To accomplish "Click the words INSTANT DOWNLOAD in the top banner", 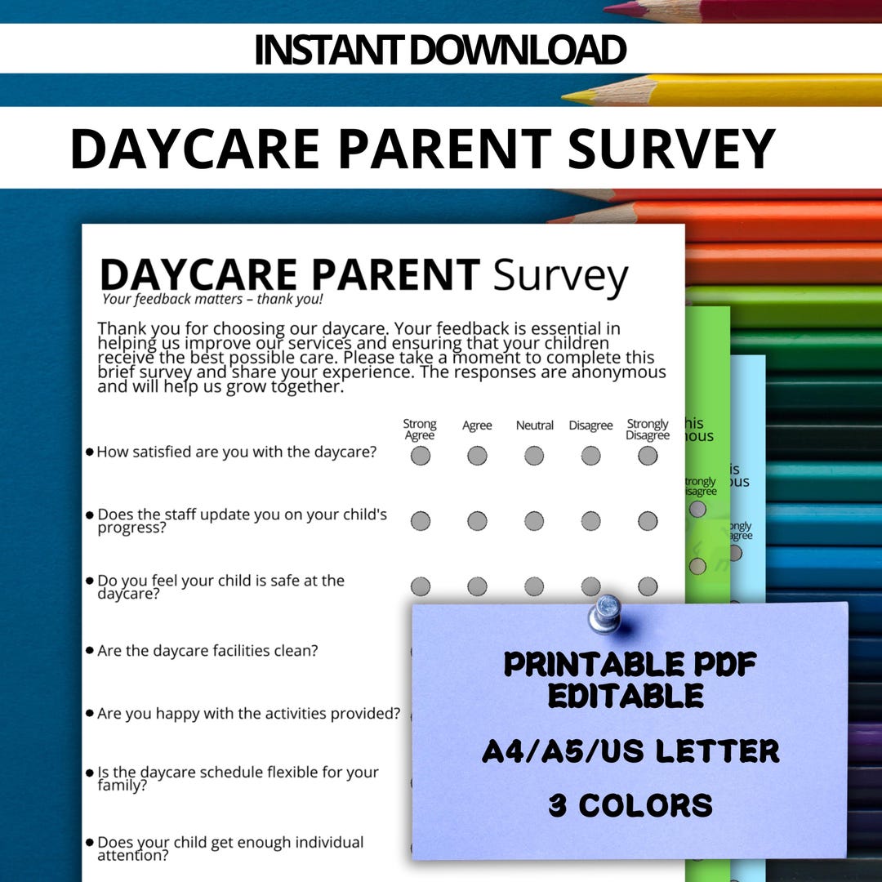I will pyautogui.click(x=440, y=50).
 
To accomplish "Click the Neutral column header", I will pyautogui.click(x=534, y=425).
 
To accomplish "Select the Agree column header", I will pyautogui.click(x=477, y=425).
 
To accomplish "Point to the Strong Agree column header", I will pyautogui.click(x=420, y=429).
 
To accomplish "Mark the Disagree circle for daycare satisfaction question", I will pyautogui.click(x=590, y=456).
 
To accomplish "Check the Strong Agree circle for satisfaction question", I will pyautogui.click(x=420, y=456).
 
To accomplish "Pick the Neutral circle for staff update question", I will pyautogui.click(x=534, y=521).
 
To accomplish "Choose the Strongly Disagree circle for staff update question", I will pyautogui.click(x=648, y=521).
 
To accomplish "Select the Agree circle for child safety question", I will pyautogui.click(x=477, y=586).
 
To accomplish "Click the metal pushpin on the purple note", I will pyautogui.click(x=605, y=612).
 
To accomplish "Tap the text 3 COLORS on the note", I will pyautogui.click(x=630, y=806).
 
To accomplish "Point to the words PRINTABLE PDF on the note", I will pyautogui.click(x=630, y=665).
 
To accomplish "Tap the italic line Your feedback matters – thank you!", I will pyautogui.click(x=212, y=299).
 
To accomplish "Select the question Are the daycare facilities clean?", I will pyautogui.click(x=207, y=651).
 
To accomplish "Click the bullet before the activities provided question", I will pyautogui.click(x=90, y=713).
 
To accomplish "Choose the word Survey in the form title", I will pyautogui.click(x=560, y=276).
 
